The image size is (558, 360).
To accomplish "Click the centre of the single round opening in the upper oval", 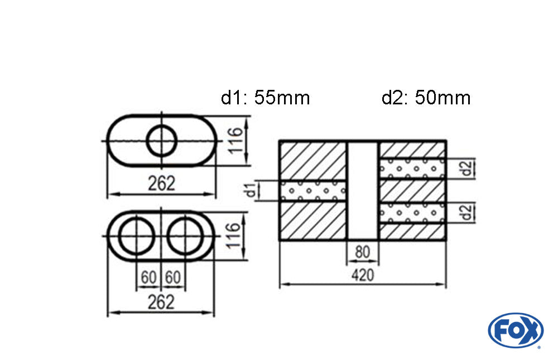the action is point(162,141).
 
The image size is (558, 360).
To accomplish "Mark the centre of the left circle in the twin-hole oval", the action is point(136,236).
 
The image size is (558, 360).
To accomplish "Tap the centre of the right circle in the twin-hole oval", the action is point(185,236).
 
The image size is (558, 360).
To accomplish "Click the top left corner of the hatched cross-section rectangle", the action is point(280,141).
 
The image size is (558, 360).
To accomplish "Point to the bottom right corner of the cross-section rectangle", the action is point(446,239).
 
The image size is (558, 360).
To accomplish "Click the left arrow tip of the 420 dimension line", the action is point(281,285).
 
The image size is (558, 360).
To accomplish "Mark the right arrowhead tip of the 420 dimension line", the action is point(445,285).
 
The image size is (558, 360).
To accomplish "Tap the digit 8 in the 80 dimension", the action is point(359,252).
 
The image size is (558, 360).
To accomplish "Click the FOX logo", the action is point(516,330).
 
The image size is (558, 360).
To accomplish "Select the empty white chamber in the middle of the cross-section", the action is point(363,190).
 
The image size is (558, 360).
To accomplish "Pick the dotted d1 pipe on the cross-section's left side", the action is point(313,191).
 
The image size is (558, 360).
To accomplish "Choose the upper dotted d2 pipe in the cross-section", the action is point(412,169).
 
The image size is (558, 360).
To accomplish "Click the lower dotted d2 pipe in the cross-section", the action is point(412,213).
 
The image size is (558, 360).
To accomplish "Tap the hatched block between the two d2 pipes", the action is point(412,191).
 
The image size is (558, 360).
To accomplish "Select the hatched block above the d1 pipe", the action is point(313,161).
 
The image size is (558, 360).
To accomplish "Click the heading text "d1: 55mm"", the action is point(265,98).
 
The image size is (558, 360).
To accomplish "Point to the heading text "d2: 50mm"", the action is point(426,98).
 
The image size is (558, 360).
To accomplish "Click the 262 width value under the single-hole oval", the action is point(162,184).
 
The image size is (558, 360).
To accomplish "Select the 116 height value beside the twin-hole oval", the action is point(233,236).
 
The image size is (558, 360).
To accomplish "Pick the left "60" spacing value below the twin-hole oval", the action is point(149,277).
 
